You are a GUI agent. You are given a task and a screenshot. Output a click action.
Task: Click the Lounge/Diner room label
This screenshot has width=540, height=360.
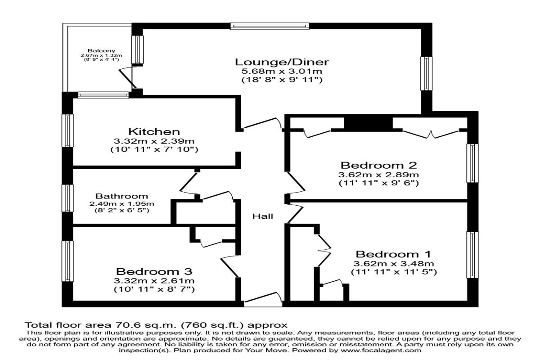pos(282,62)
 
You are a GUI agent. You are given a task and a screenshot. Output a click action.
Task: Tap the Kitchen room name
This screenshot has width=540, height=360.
pos(154,132)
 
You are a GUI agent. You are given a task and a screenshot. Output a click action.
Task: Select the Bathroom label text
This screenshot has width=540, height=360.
pos(121,196)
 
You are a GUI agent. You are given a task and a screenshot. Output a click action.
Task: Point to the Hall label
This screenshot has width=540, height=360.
pos(262,216)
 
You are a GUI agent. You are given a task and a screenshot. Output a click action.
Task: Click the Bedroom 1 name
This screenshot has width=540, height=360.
pos(393,254)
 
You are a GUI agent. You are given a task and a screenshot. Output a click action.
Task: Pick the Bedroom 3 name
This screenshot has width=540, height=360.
pos(154,272)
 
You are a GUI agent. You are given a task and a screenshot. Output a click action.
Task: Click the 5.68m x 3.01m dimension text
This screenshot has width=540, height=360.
pos(282,72)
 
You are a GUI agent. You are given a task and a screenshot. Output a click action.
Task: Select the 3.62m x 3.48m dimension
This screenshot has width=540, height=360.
pos(393,264)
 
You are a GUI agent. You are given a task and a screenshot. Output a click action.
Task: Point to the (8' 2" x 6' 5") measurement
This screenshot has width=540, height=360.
pos(121,210)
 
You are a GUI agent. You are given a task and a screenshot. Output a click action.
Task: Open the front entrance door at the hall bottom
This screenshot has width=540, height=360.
pos(263,301)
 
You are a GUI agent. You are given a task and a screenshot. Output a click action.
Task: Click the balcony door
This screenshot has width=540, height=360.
pos(128,78)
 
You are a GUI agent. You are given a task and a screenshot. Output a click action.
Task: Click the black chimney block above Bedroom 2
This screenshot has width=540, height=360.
pos(368,123)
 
